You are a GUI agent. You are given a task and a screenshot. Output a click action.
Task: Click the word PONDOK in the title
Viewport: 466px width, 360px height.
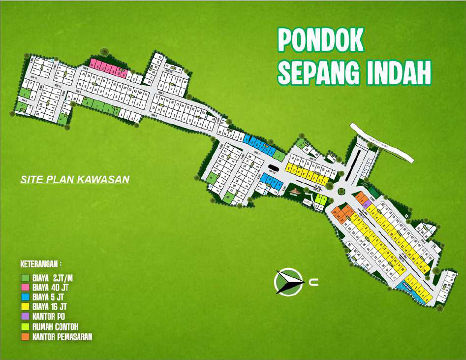[x=320, y=40]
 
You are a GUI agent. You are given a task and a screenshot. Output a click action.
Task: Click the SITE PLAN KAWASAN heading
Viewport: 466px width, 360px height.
[x=75, y=179]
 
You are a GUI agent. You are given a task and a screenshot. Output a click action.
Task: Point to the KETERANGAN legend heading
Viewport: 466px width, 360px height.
[x=41, y=263]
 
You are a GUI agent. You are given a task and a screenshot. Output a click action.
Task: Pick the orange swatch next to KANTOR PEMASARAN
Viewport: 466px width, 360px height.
[x=25, y=337]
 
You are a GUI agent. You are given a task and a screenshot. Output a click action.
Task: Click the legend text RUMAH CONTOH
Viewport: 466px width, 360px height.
[x=55, y=327]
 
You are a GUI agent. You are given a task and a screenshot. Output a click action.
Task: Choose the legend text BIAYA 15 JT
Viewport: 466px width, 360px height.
[x=48, y=307]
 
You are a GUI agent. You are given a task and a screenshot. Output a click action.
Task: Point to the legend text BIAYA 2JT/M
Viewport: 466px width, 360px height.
[x=52, y=278]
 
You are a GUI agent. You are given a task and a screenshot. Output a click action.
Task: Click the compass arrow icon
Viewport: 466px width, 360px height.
[x=288, y=282]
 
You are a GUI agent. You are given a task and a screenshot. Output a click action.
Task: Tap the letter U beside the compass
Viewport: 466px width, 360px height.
[x=314, y=283]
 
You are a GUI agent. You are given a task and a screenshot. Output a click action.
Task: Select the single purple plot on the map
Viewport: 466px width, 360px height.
[x=368, y=204]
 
